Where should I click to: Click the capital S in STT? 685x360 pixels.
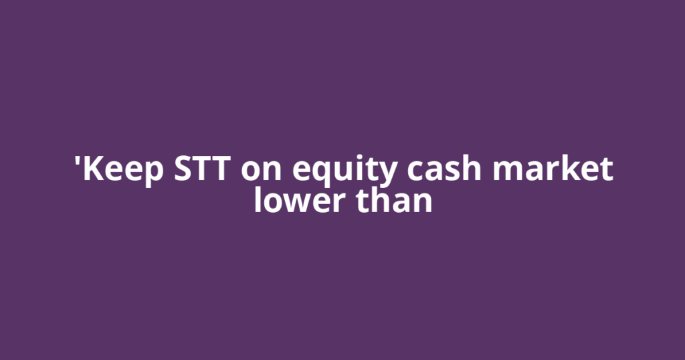pyautogui.click(x=184, y=170)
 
